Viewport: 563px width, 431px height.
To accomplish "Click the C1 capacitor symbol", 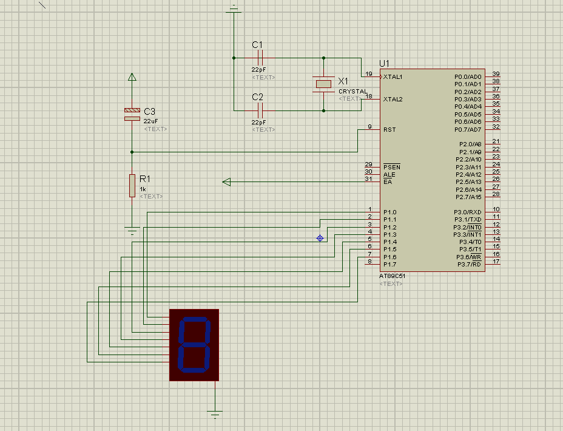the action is pos(260,58).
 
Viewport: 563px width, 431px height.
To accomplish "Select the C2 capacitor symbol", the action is pos(260,110).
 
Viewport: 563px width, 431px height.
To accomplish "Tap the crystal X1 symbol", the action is pos(323,84).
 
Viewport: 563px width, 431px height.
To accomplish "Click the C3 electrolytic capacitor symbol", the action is pos(132,114).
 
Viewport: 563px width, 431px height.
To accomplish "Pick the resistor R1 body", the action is pos(132,186).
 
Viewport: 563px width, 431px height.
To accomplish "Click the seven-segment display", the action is pos(194,345).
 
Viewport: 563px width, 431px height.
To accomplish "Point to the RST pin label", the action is pos(389,130).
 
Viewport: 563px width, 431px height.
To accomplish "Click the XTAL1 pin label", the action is pos(393,77).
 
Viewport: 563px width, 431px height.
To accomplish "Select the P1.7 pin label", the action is pos(389,265).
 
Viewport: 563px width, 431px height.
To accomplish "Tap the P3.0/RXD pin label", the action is pos(467,212).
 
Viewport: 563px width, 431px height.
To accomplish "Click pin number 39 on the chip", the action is pos(496,73).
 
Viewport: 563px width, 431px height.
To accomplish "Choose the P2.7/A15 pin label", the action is pos(468,197).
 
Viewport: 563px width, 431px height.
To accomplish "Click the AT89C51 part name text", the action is pos(392,276).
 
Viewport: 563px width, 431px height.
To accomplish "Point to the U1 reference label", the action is pos(384,64).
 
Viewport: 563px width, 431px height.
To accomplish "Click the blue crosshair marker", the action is pos(320,238).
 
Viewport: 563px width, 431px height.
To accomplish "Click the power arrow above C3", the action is pos(132,77).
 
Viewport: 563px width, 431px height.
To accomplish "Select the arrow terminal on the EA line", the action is pos(226,182).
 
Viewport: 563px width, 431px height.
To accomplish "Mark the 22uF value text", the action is pos(150,121).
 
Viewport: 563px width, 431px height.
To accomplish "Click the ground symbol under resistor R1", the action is pos(132,231).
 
